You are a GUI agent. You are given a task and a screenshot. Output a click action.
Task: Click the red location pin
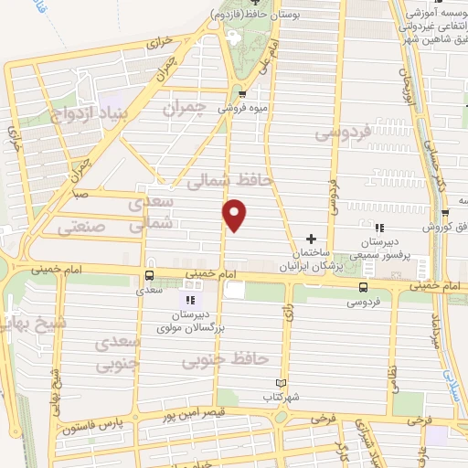click(x=235, y=215)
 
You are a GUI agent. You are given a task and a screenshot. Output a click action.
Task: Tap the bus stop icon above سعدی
click(x=149, y=274)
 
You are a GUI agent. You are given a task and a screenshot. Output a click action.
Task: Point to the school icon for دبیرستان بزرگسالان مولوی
click(x=190, y=300)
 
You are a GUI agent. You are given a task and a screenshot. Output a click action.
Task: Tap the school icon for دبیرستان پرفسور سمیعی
click(x=379, y=228)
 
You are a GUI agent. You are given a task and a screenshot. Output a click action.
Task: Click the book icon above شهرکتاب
click(x=281, y=383)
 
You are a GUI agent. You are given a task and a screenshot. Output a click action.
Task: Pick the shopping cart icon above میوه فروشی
click(x=241, y=93)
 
